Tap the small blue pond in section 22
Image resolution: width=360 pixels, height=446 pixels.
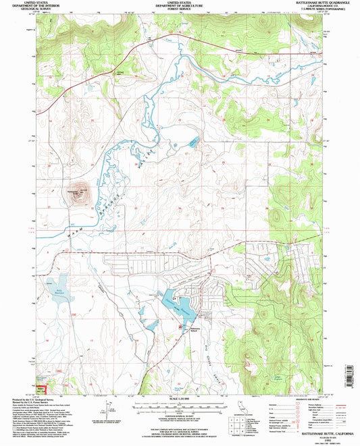coord(195,142)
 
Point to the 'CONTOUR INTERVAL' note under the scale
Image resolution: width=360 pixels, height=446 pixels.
coord(180,420)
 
